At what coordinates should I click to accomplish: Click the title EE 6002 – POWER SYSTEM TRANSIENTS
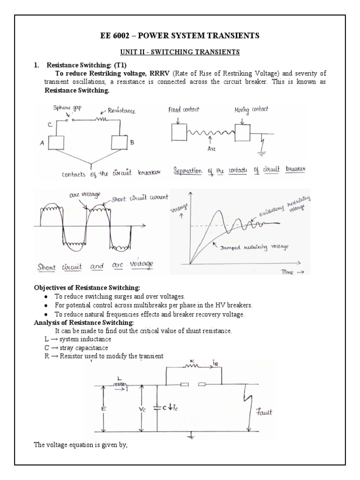(180, 36)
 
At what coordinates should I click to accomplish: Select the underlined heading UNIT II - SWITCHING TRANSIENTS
(180, 52)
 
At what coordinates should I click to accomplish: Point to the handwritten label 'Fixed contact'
(183, 110)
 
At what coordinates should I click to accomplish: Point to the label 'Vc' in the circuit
(143, 409)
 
